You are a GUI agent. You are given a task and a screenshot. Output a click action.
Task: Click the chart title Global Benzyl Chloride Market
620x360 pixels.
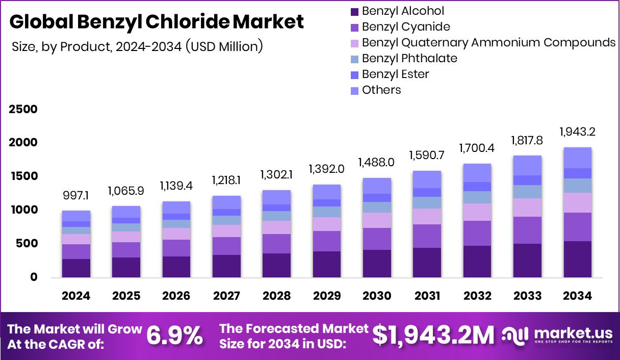pos(157,22)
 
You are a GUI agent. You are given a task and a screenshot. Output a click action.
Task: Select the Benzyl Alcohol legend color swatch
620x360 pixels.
pos(354,11)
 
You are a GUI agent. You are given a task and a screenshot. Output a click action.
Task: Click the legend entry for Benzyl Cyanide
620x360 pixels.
pos(406,27)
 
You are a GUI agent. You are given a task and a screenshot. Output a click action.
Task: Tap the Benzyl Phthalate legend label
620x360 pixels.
pos(409,58)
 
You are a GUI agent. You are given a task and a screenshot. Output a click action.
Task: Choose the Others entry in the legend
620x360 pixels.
pos(381,90)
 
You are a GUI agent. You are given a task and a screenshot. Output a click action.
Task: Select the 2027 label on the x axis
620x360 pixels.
pos(226,296)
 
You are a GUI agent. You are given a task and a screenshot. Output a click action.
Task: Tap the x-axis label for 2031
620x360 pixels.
pos(427,296)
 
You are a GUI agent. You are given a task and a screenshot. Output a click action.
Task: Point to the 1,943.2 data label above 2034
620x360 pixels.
pos(578,132)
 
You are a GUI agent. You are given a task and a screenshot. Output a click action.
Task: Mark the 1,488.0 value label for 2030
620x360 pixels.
pos(377,163)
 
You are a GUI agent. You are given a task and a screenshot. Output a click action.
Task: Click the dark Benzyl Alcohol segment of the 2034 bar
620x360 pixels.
pos(578,259)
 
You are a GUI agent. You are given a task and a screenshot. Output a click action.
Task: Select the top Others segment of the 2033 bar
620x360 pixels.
pos(527,165)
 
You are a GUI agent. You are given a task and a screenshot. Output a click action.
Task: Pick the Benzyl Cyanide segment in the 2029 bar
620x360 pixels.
pos(327,241)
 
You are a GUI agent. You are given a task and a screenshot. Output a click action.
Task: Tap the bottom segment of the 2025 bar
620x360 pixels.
pos(126,267)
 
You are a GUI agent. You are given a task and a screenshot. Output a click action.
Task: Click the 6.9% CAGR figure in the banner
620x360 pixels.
pos(174,336)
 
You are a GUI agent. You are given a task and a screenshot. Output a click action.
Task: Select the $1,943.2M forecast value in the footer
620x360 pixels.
pos(433,336)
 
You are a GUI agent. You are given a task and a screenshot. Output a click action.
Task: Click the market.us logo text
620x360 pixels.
pos(573,333)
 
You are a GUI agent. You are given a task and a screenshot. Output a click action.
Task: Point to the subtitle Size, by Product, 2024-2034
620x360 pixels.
pos(137,47)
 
